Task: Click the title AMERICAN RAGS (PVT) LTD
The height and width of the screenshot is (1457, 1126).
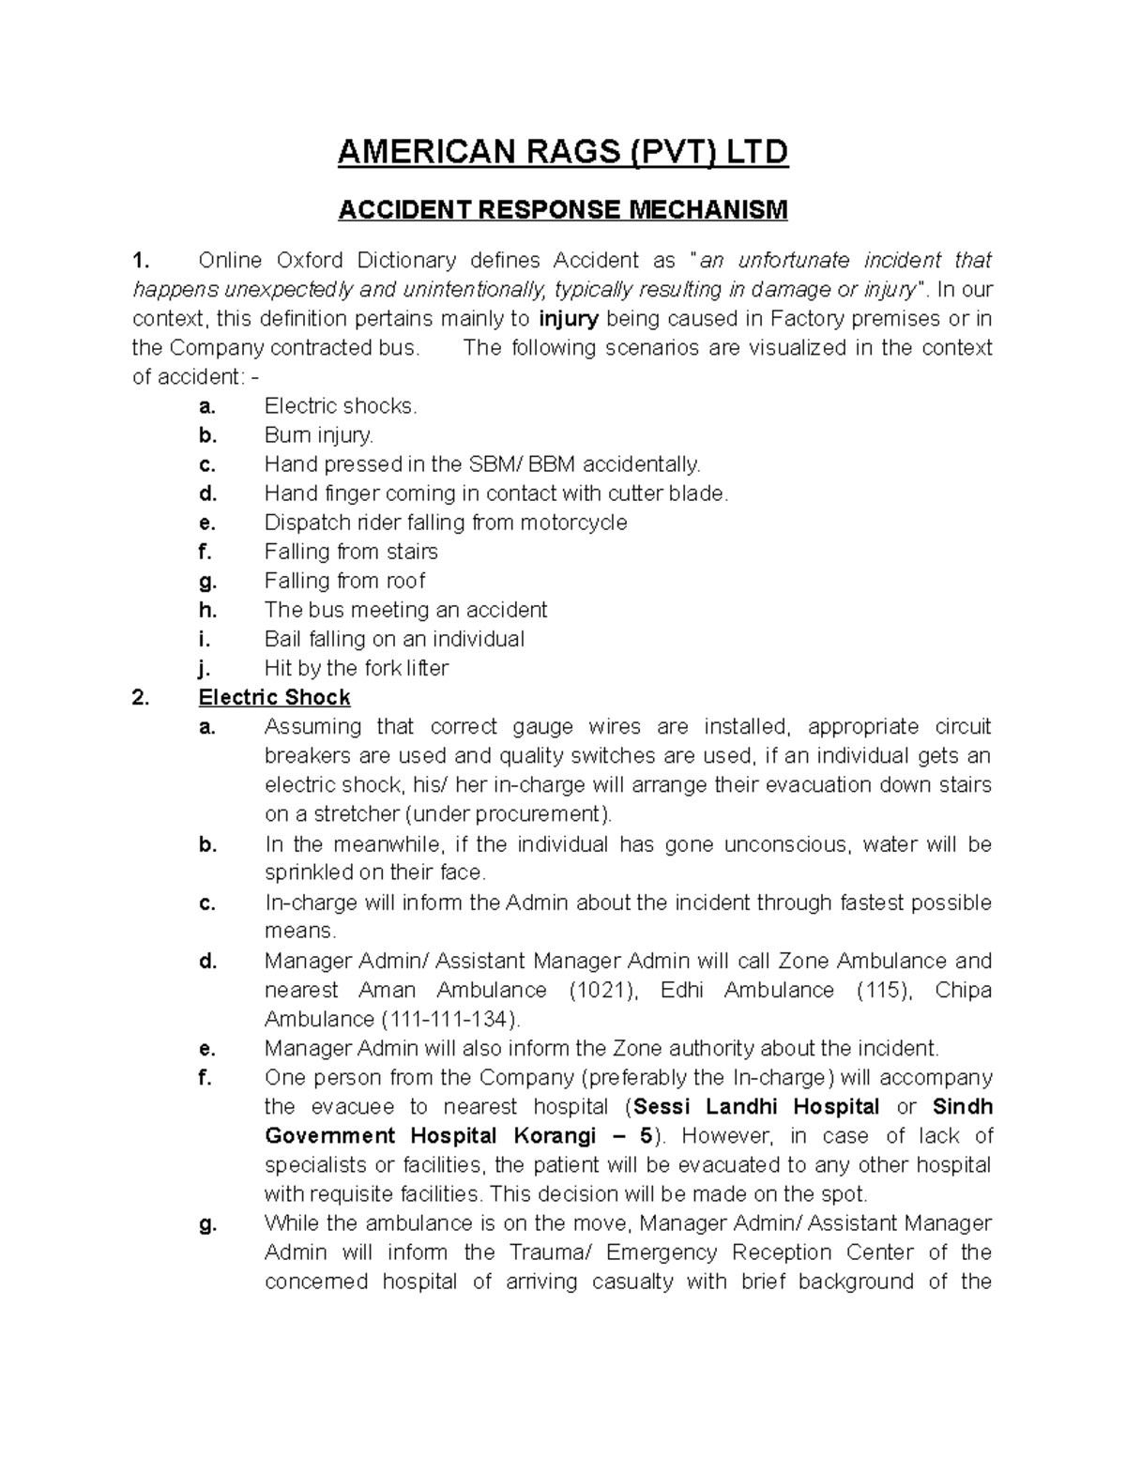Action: pyautogui.click(x=563, y=151)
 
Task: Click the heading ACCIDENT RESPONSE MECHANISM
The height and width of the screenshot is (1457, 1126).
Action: pyautogui.click(x=563, y=209)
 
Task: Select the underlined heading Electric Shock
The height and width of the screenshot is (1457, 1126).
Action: pyautogui.click(x=274, y=697)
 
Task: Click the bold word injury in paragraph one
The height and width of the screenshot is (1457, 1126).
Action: pyautogui.click(x=570, y=318)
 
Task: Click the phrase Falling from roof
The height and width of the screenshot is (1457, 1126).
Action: pyautogui.click(x=344, y=581)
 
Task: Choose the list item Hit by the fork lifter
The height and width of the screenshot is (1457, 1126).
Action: pyautogui.click(x=356, y=668)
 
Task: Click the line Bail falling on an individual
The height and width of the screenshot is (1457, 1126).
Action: pyautogui.click(x=394, y=639)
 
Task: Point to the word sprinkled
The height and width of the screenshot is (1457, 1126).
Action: pyautogui.click(x=309, y=873)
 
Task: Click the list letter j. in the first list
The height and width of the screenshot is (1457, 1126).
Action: pyautogui.click(x=205, y=668)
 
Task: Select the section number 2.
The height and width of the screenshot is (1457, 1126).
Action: pyautogui.click(x=140, y=697)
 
